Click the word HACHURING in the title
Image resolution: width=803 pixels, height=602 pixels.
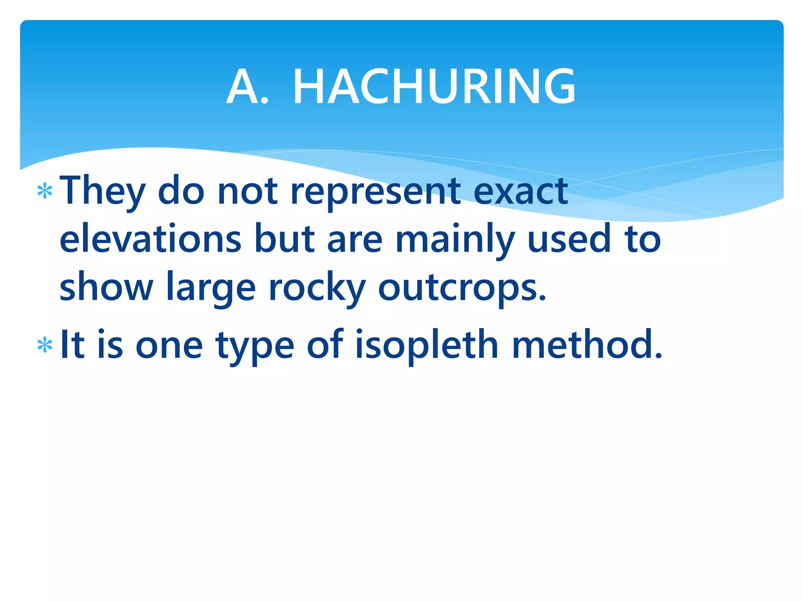[434, 87]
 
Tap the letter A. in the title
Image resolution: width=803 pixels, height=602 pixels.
[247, 87]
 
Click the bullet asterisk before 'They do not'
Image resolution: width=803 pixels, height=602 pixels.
[45, 191]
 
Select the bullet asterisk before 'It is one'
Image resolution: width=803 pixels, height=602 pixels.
[45, 345]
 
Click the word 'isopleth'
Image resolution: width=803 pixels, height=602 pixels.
[427, 345]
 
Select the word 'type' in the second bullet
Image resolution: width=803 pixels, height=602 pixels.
[254, 345]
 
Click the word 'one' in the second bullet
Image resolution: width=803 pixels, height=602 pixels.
[169, 345]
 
